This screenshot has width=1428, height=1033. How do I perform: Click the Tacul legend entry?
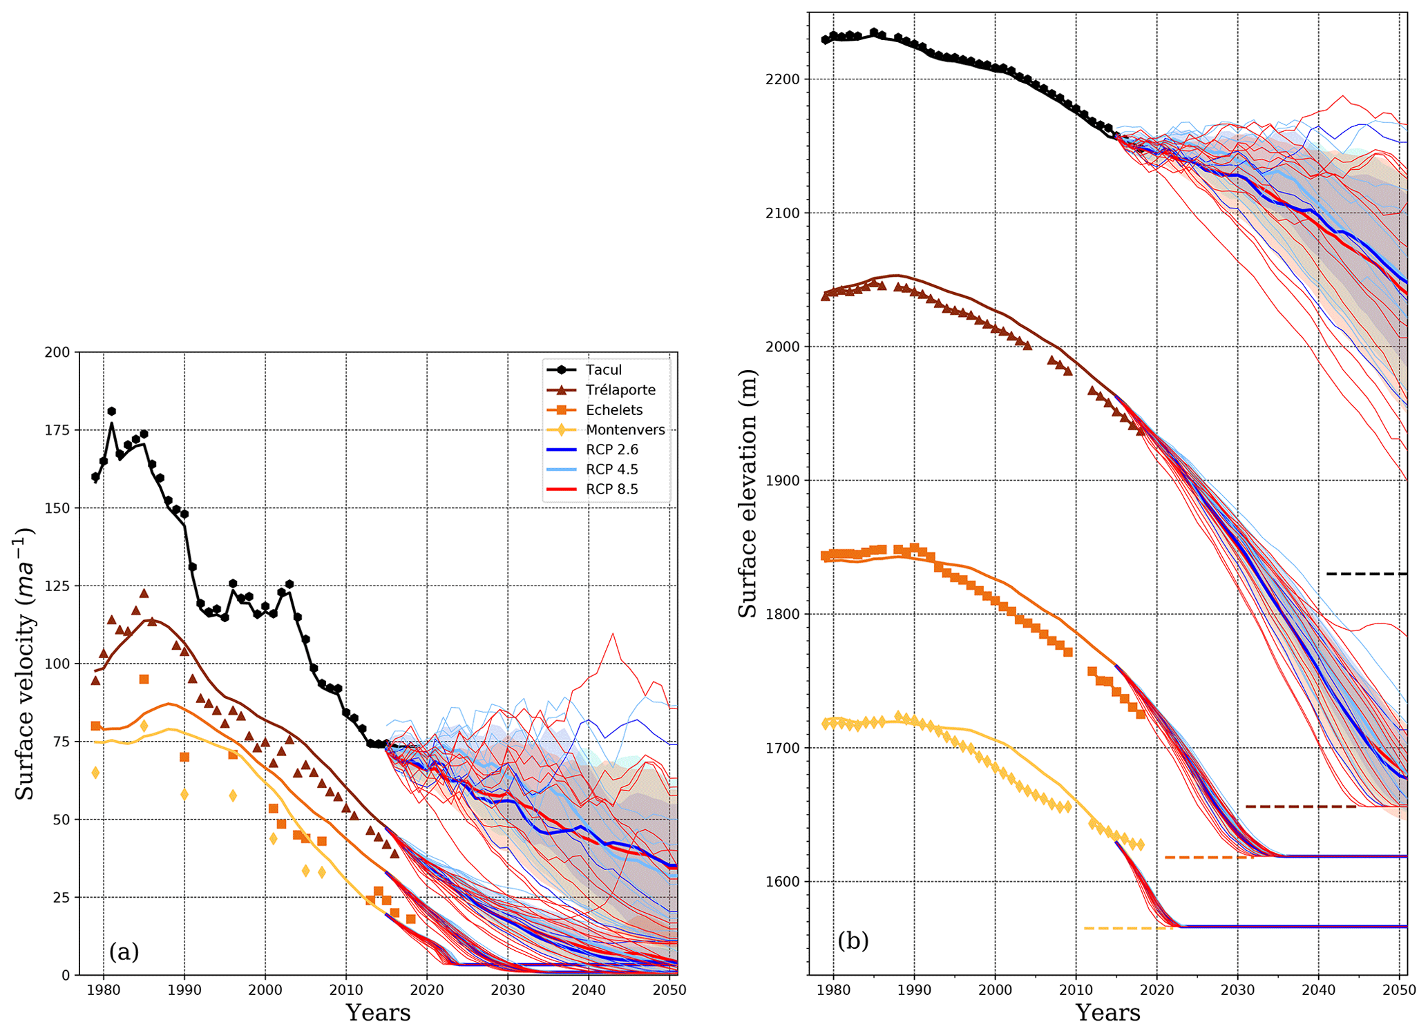pos(603,370)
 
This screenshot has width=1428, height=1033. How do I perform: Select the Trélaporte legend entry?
pos(620,390)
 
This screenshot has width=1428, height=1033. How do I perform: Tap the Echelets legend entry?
pos(613,410)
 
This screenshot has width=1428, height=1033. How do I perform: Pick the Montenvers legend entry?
pos(625,430)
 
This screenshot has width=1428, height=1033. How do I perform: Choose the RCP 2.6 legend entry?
pos(611,450)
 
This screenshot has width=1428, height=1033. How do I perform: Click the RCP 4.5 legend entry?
pos(611,470)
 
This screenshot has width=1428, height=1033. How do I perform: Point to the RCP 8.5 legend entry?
pos(611,490)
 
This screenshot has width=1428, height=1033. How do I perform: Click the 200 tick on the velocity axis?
pos(58,353)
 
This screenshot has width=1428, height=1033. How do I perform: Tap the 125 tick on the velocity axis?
pos(58,586)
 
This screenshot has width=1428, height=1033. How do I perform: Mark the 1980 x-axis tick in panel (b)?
pos(833,990)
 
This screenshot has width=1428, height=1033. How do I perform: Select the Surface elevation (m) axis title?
pos(748,493)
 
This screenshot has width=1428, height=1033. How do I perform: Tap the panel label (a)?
pos(124,952)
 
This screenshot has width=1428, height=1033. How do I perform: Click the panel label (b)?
pos(853,940)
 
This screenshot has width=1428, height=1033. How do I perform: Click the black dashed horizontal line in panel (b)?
pos(1366,574)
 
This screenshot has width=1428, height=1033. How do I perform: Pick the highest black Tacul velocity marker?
pos(112,412)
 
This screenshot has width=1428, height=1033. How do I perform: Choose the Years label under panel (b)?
pos(1107,1013)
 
